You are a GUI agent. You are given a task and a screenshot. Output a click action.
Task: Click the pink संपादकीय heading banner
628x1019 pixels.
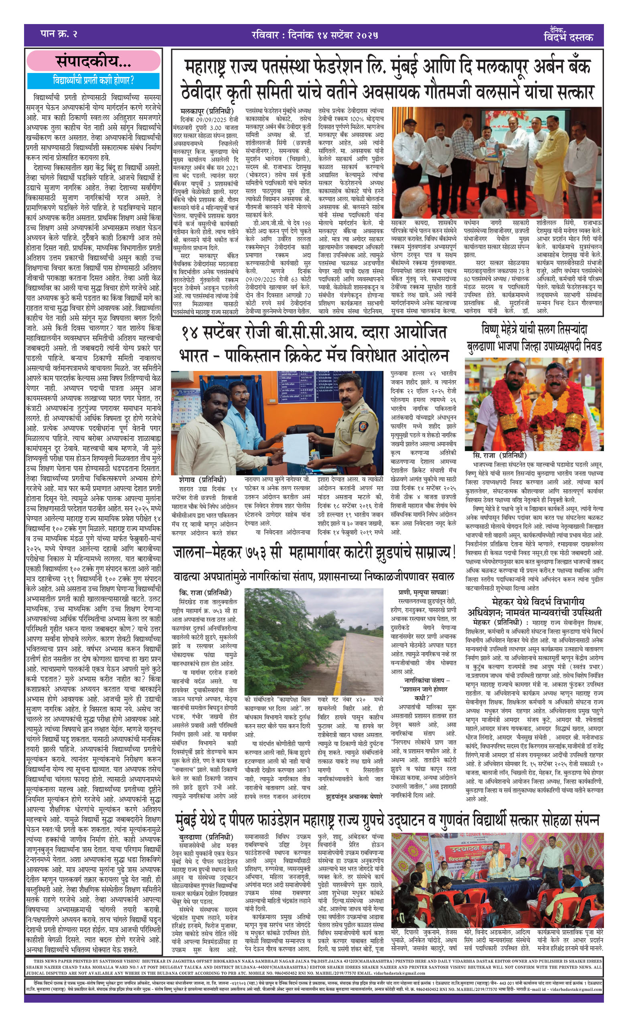tap(93, 61)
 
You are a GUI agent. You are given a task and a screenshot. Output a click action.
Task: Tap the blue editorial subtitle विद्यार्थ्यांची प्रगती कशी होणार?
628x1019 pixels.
tap(93, 80)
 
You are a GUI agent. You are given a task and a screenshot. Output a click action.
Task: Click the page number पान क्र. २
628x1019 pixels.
tap(59, 34)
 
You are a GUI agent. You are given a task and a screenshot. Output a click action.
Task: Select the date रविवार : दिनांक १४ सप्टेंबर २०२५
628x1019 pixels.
tap(314, 35)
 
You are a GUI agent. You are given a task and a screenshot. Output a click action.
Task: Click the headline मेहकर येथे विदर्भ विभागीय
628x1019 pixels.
tap(538, 602)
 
